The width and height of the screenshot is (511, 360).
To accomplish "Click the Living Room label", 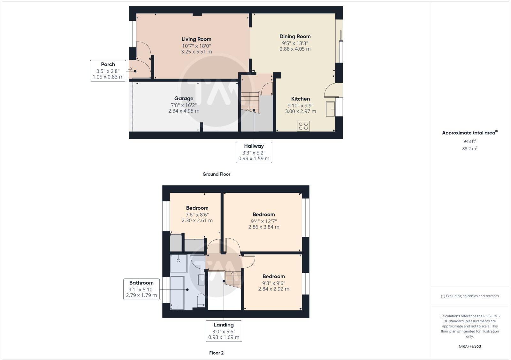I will [196, 39].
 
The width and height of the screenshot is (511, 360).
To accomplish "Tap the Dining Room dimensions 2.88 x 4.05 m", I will [295, 49].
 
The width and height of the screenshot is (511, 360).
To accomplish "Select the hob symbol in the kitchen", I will [303, 126].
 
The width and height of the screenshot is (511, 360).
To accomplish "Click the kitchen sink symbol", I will [331, 109].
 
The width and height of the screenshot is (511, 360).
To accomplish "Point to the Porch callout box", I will [108, 71].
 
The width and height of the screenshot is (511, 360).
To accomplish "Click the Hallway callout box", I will [254, 152].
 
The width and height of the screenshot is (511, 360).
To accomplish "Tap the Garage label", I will [184, 99].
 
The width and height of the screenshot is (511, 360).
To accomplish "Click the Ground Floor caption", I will [216, 174].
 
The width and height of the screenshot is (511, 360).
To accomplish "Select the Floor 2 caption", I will [216, 353].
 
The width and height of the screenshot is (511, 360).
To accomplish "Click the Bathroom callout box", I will [141, 289].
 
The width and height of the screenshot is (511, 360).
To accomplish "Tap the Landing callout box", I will [224, 331].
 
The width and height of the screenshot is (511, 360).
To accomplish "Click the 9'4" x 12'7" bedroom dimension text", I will [263, 221].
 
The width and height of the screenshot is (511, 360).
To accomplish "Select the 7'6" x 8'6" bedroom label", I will [197, 208].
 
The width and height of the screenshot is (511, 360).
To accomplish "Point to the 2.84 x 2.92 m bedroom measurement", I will [274, 289].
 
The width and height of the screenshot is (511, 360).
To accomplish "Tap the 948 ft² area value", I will [469, 141].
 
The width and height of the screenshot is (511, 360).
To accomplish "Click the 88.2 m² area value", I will [469, 149].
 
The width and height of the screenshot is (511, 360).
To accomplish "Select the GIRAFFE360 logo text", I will [469, 346].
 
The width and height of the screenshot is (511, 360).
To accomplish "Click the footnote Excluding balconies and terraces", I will [469, 296].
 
